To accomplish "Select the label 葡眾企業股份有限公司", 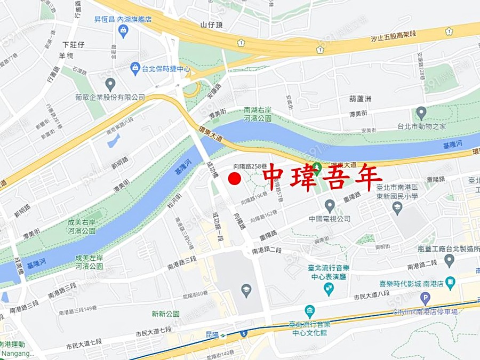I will click(x=110, y=98).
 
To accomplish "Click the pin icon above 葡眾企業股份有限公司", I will click(x=110, y=84).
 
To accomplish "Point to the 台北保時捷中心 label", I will click(x=165, y=68).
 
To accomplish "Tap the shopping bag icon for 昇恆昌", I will click(x=124, y=30).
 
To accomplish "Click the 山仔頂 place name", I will click(x=211, y=25).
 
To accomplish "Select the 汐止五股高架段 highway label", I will click(x=402, y=39).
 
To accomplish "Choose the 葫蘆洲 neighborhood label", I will click(x=360, y=99).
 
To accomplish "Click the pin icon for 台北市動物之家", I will click(x=421, y=113).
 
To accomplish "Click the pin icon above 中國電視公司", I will click(x=330, y=205).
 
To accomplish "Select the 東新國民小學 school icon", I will click(x=397, y=208).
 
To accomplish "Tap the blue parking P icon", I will click(x=425, y=299).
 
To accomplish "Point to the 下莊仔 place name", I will click(x=74, y=44).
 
